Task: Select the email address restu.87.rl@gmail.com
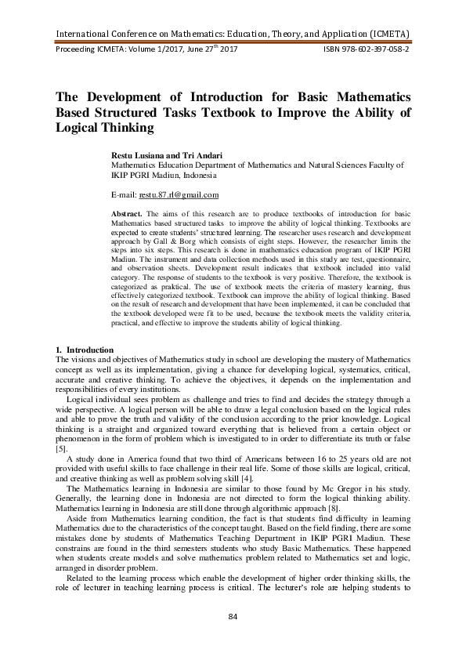tap(179, 194)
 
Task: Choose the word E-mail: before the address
tap(125, 194)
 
